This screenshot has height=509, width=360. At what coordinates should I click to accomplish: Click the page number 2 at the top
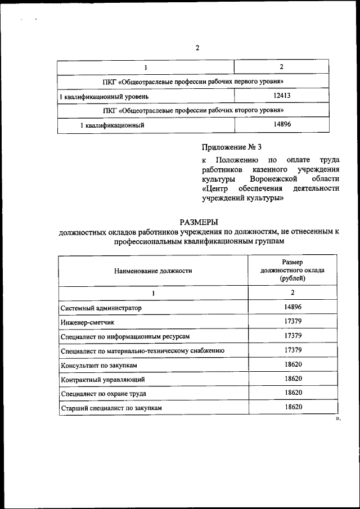197,48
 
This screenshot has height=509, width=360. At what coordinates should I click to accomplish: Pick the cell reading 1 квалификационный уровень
105,97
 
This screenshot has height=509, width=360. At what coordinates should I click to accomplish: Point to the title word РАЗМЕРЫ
198,223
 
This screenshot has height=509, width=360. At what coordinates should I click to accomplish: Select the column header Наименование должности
153,271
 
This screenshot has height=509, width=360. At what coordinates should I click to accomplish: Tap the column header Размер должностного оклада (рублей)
292,270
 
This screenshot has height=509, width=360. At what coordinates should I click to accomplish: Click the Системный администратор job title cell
101,308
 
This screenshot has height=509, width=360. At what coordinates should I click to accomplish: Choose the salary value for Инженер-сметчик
292,321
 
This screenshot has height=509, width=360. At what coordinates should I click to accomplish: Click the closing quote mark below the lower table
338,419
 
